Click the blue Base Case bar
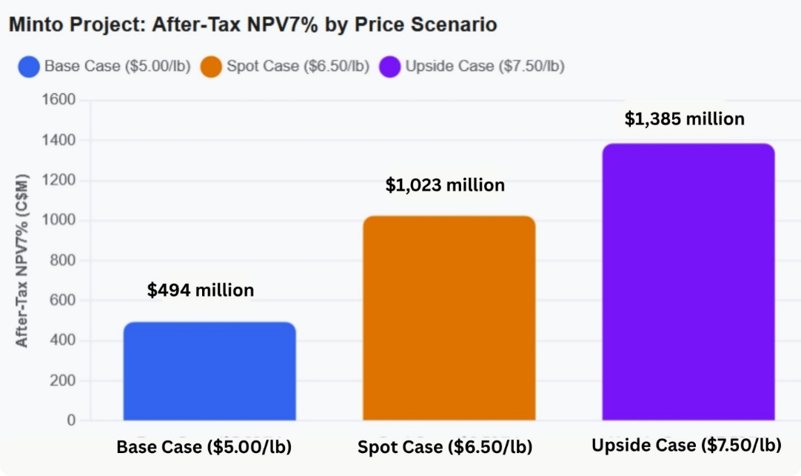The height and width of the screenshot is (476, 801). [210, 372]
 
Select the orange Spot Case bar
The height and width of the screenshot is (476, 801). [449, 318]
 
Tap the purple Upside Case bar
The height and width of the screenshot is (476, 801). [688, 282]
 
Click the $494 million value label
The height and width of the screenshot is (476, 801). [200, 290]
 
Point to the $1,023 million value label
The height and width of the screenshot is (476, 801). [445, 185]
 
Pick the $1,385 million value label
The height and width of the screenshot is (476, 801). [685, 119]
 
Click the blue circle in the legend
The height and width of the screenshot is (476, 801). [29, 67]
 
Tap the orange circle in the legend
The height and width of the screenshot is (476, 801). [211, 67]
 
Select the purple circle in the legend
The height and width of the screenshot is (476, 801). [390, 67]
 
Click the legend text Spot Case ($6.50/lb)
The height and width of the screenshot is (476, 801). [298, 67]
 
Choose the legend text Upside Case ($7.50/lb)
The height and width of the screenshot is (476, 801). [485, 67]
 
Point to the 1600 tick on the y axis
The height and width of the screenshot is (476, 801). [58, 100]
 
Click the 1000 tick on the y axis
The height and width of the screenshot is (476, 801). [58, 220]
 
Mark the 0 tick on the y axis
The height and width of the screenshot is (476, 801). [71, 420]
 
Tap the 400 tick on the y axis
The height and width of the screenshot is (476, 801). [62, 340]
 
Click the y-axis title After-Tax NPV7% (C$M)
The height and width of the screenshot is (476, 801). [21, 261]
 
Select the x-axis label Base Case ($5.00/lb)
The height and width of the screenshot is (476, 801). [204, 447]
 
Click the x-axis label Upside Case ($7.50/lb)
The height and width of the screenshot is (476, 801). [686, 446]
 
